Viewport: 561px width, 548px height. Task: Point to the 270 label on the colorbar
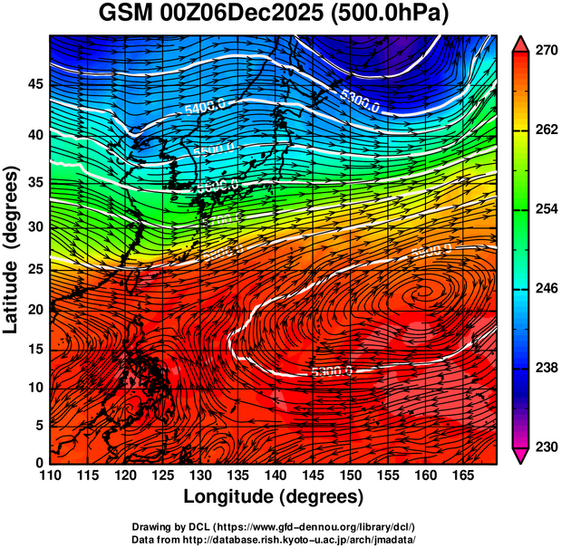tap(546, 51)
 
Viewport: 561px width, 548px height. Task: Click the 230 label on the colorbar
tap(546, 447)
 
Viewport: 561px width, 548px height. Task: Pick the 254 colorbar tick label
tap(546, 209)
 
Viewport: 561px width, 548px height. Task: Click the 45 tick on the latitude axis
tap(34, 84)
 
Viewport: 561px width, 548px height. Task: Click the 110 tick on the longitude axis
tap(49, 476)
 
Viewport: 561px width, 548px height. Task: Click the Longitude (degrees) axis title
tap(274, 496)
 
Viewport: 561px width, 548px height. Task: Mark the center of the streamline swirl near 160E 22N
tap(422, 292)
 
